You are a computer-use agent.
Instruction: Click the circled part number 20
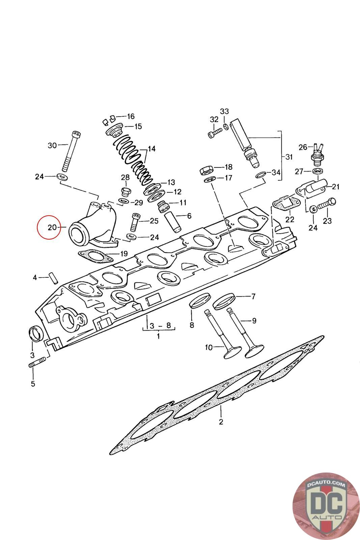tap(52, 227)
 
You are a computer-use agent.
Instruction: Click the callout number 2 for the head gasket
tap(221, 422)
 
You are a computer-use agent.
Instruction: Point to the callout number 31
tap(289, 157)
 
